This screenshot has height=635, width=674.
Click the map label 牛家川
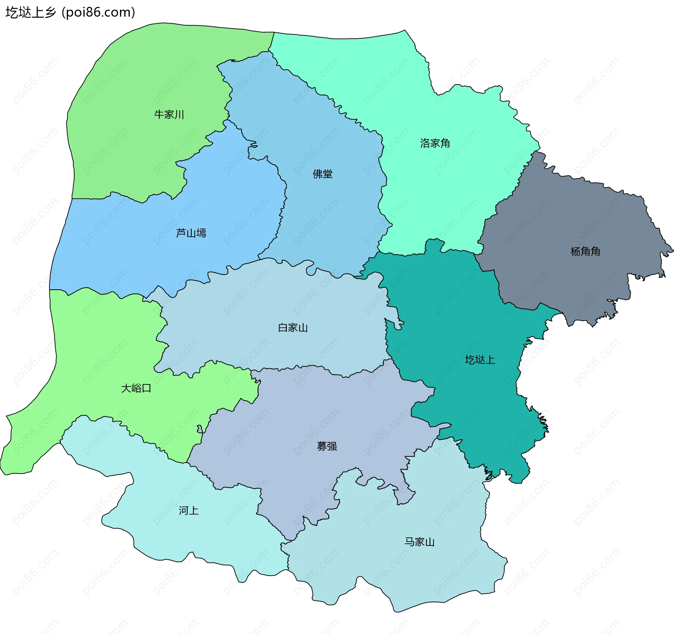169,114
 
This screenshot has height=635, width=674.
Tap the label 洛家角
435,143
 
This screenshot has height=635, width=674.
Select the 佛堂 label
323,174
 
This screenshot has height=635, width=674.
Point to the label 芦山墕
191,233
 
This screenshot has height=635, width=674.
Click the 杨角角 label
585,251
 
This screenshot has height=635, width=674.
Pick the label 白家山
293,328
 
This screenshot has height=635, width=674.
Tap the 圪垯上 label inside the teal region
480,360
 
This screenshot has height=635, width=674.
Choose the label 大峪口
136,388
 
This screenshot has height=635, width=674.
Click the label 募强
327,446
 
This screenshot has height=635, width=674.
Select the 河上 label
189,510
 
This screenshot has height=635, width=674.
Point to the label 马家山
419,542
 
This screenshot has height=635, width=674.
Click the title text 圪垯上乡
31,13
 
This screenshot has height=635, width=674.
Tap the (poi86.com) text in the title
98,13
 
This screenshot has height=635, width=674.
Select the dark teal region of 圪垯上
456,316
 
